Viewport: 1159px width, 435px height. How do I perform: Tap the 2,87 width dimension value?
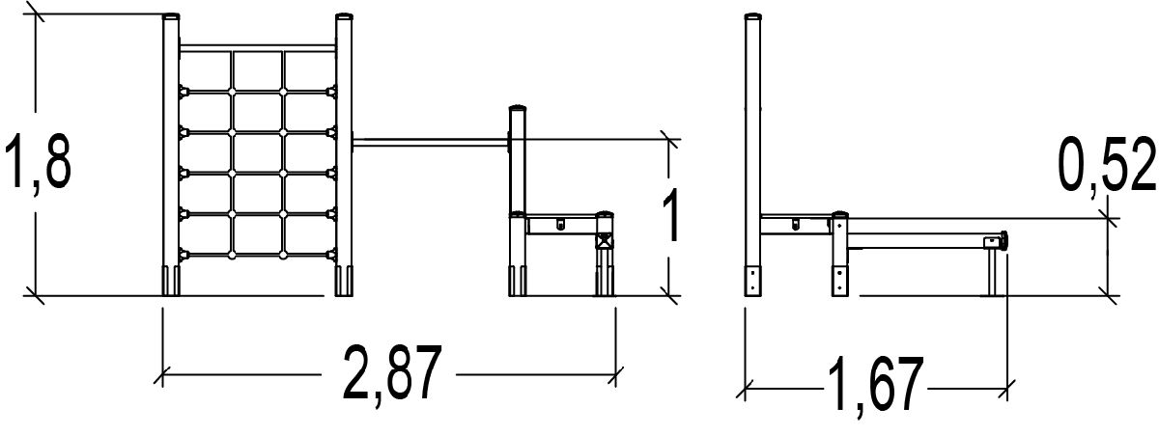click(392, 373)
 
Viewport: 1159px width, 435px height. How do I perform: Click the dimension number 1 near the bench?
click(671, 215)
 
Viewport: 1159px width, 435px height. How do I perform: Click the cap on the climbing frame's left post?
click(171, 17)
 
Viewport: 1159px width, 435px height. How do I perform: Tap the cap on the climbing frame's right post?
click(344, 17)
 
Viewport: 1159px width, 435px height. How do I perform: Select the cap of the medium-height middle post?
click(518, 108)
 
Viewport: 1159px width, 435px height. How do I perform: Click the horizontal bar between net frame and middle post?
click(431, 142)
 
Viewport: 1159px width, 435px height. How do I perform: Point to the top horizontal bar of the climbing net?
click(258, 48)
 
